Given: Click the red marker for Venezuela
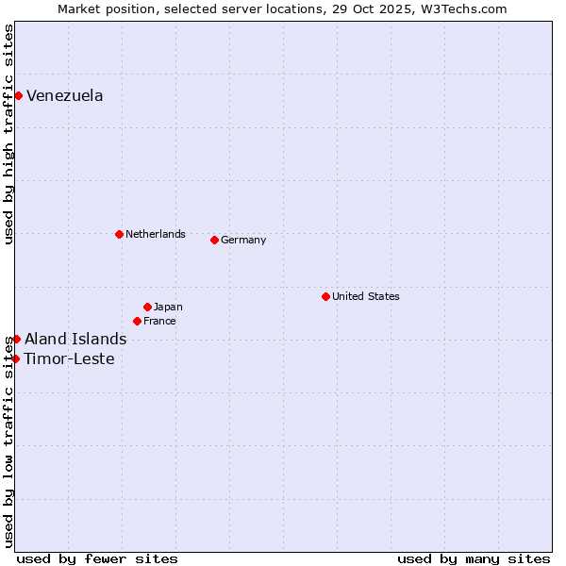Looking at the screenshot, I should pos(18,95).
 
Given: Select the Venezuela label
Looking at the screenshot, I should pos(65,95).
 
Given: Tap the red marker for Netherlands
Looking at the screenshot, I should pos(119,234).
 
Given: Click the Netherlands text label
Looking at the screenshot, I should pos(156,234).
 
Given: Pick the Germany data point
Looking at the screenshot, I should pos(214,240).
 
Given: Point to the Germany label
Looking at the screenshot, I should pos(243,240).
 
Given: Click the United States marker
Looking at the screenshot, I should pos(325,296).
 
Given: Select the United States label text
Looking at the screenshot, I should pos(366,296).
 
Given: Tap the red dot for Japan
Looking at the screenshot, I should pos(147,307).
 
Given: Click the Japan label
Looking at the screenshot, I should pos(168,307).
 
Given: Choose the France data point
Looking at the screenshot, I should pos(137,321).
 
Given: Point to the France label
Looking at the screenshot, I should pos(159,321).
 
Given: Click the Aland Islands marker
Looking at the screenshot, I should pos(16,339).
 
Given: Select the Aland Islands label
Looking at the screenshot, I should pos(75,339).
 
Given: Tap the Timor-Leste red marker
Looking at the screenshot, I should pos(15,358).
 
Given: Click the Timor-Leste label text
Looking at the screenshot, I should pos(70,358).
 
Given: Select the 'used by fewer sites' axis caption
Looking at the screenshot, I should pos(97,558).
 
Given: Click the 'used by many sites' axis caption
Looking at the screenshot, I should pos(474,558).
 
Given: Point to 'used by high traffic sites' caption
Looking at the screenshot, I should pos(8,134).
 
